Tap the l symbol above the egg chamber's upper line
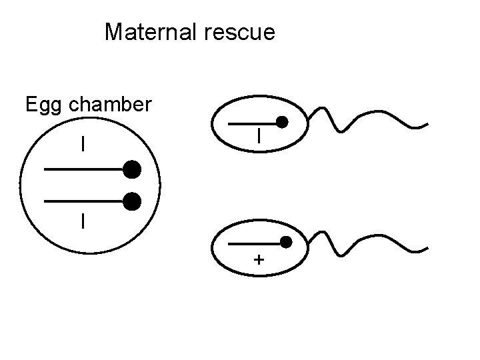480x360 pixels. [83, 143]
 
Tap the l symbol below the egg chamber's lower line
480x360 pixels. [83, 220]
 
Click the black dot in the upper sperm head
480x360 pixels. [282, 123]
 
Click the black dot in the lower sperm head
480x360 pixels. [286, 241]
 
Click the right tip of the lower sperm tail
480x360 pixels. [427, 249]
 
